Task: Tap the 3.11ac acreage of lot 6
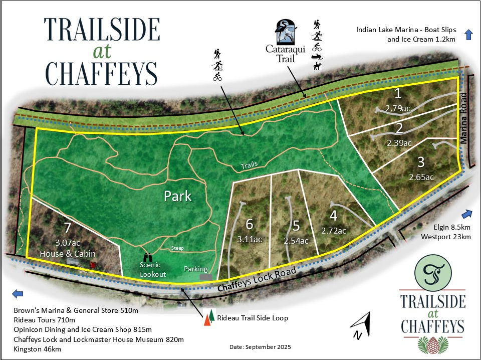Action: click(249, 239)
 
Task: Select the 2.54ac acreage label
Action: click(296, 240)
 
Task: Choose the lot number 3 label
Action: click(421, 163)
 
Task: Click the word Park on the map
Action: click(178, 196)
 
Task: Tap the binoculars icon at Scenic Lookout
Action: click(148, 257)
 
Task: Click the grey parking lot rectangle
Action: click(204, 277)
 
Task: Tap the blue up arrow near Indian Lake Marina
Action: click(469, 34)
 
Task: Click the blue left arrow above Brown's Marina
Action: click(18, 294)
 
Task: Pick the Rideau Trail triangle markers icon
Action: click(209, 318)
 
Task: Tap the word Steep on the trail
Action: click(177, 248)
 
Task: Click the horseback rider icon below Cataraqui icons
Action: click(317, 65)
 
